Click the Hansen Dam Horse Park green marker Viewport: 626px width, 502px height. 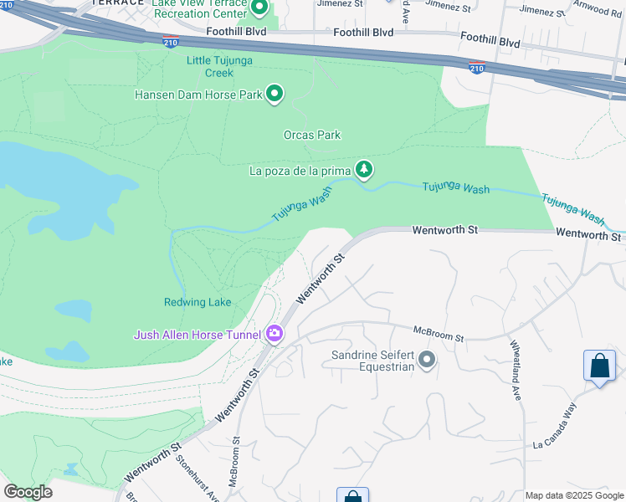coord(275,94)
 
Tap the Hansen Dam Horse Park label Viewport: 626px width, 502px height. coord(198,95)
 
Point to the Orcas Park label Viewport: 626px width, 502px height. coord(312,135)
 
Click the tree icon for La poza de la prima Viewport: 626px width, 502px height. coord(363,170)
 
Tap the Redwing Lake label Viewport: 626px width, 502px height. coord(198,302)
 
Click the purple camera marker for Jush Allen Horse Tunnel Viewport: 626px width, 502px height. coord(275,335)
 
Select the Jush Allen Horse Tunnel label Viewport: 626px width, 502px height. coord(198,336)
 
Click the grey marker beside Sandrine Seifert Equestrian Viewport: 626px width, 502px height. coord(427,360)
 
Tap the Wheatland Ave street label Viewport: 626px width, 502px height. coord(516,369)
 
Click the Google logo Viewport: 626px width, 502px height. coord(28,492)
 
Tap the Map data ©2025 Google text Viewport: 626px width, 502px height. coord(574,495)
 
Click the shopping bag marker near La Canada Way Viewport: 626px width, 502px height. coord(599,366)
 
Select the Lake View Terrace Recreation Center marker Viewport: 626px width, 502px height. coord(259,8)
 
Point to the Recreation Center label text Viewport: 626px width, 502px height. coord(199,14)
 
